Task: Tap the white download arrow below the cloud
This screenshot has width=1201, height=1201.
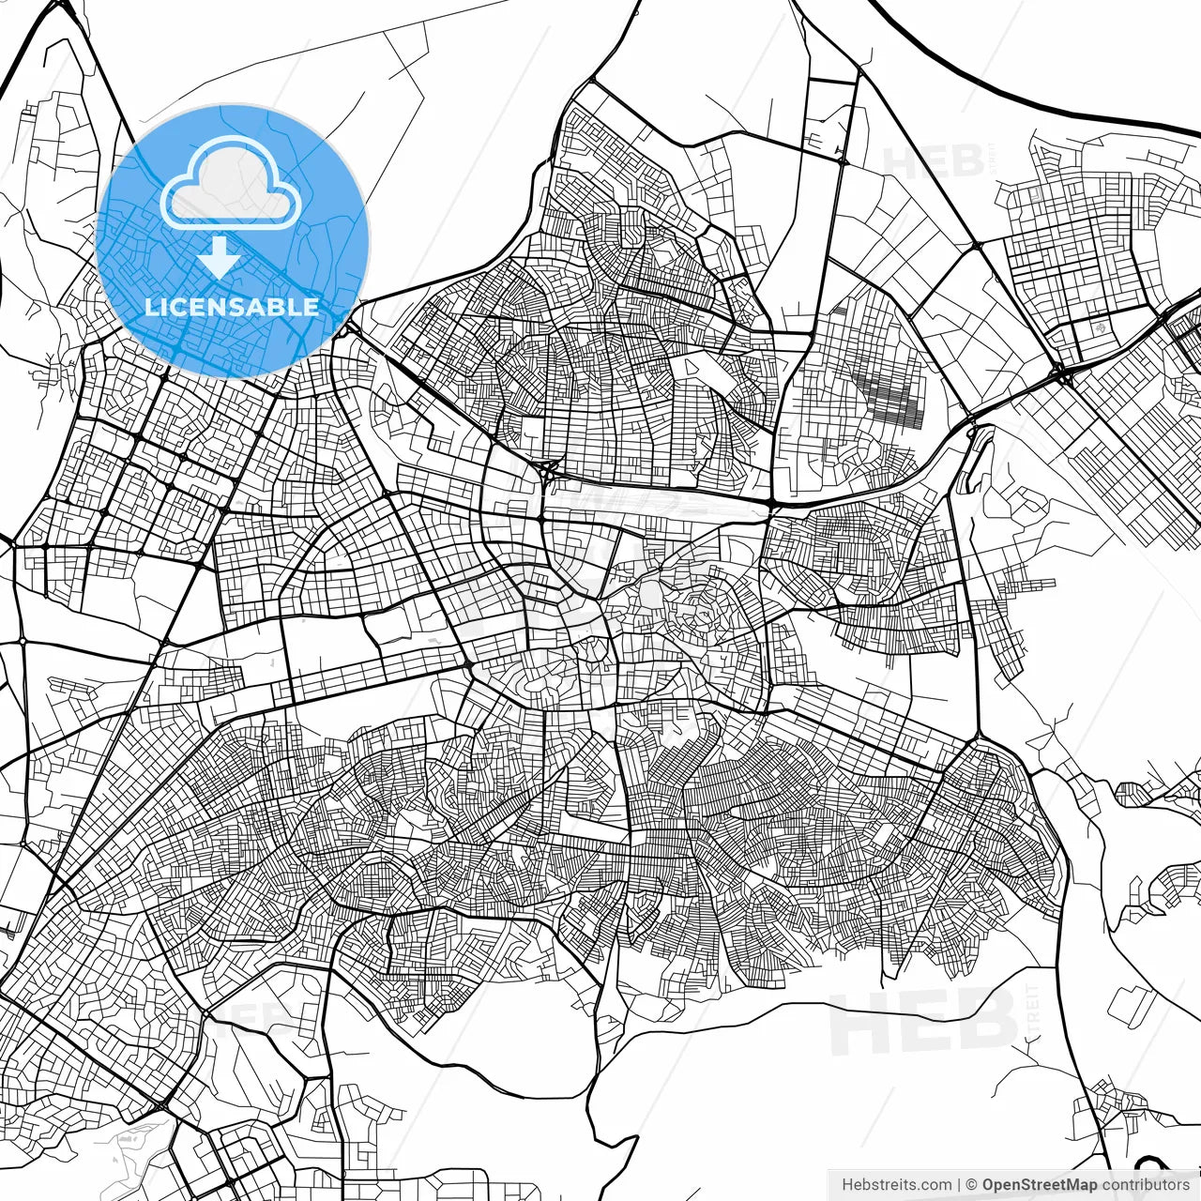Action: [220, 255]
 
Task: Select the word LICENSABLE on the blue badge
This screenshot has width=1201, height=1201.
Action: [232, 307]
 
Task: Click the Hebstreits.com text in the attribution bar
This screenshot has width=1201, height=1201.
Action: [896, 1185]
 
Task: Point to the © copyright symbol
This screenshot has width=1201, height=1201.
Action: [972, 1185]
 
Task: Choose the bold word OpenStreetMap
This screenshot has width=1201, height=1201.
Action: [1040, 1185]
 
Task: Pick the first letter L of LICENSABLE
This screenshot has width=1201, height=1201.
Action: [150, 307]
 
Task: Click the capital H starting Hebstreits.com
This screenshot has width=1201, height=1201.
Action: [847, 1185]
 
